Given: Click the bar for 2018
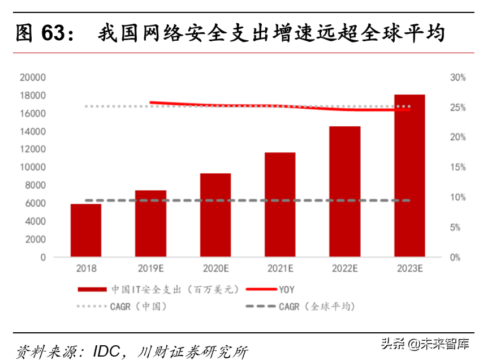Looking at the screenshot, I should (x=86, y=230).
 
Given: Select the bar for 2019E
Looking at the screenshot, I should (x=150, y=224).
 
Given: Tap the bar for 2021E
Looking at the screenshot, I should (x=280, y=204).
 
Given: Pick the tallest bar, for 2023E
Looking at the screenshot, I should (x=409, y=175).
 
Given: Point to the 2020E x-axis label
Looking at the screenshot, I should (x=215, y=269).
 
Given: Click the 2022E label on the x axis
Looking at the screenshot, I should (x=344, y=269).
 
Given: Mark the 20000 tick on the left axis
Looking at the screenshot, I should (x=33, y=78).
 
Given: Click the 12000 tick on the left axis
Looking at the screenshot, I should (x=33, y=149).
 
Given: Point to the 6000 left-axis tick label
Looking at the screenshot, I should (x=35, y=203).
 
